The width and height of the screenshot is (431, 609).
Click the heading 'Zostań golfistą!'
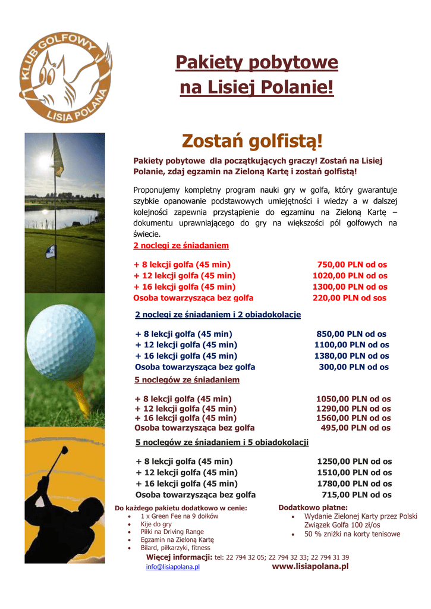pos(252,141)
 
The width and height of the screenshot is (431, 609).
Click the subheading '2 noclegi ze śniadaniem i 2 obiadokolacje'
pos(218,314)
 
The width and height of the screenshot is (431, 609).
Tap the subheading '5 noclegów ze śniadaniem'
pos(187,379)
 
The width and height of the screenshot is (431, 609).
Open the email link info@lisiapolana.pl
pos(173,567)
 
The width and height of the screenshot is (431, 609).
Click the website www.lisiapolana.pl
pos(310,567)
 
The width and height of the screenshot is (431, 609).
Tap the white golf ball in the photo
pos(61,341)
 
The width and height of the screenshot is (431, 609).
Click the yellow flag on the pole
pos(58,156)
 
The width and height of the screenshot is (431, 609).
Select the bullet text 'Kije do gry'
pos(156,525)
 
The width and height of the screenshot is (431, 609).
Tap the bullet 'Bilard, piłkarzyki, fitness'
pos(175,548)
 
